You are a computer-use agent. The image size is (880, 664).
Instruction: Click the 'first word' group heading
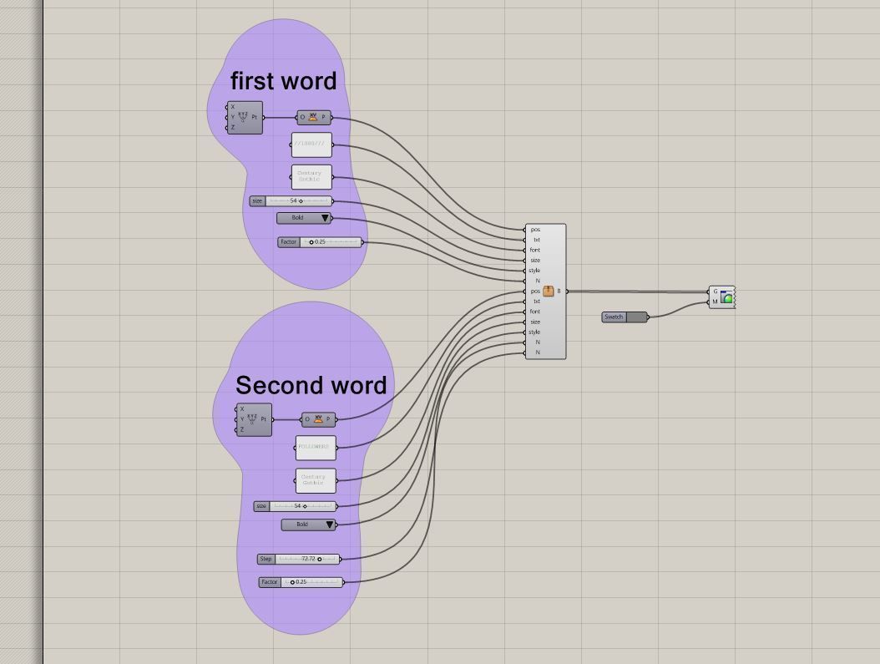click(x=283, y=81)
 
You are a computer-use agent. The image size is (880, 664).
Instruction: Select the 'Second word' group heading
click(x=311, y=385)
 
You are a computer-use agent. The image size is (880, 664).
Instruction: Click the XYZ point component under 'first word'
click(x=245, y=118)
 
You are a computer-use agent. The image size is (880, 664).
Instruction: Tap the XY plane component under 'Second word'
click(x=318, y=419)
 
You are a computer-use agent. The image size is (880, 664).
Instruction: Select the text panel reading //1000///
click(x=311, y=144)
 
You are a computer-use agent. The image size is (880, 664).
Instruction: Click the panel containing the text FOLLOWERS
click(x=316, y=448)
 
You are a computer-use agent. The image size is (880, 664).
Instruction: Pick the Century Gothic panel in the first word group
click(x=311, y=177)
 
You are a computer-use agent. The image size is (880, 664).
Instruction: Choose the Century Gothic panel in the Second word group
click(x=316, y=481)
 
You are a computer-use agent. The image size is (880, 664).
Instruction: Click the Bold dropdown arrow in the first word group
click(x=325, y=218)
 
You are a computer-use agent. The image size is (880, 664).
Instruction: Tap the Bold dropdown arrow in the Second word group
click(x=329, y=525)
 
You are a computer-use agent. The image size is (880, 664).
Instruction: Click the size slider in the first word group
click(x=299, y=201)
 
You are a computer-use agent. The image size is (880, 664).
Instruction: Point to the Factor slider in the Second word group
click(x=311, y=582)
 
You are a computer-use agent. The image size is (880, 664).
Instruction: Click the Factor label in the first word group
click(x=288, y=242)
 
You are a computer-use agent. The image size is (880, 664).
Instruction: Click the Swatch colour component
click(x=624, y=317)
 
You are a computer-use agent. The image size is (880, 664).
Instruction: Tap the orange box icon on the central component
click(x=549, y=291)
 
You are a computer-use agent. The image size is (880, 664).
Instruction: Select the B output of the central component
click(x=559, y=291)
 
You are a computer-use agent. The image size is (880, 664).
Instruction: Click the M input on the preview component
click(x=715, y=302)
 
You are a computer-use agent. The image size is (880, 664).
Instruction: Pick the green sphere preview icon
click(x=727, y=297)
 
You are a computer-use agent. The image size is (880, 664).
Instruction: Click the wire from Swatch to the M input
click(x=678, y=310)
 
